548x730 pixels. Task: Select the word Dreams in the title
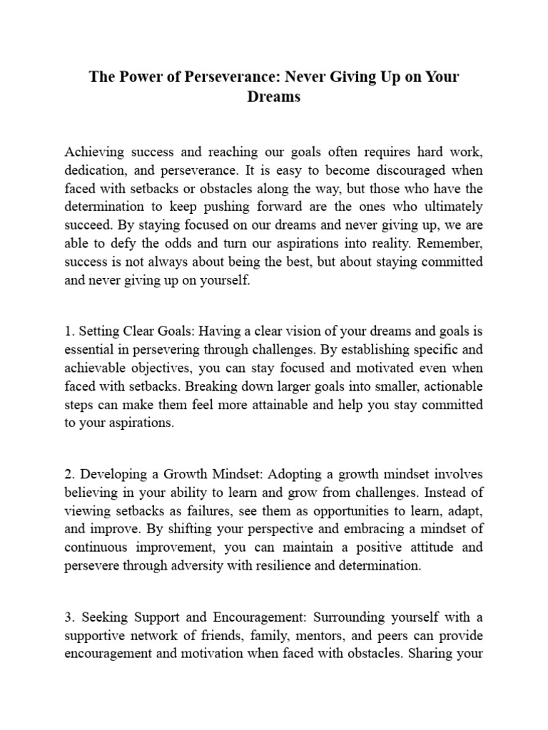point(274,97)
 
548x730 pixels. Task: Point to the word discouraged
point(397,171)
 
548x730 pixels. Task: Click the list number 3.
point(69,616)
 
